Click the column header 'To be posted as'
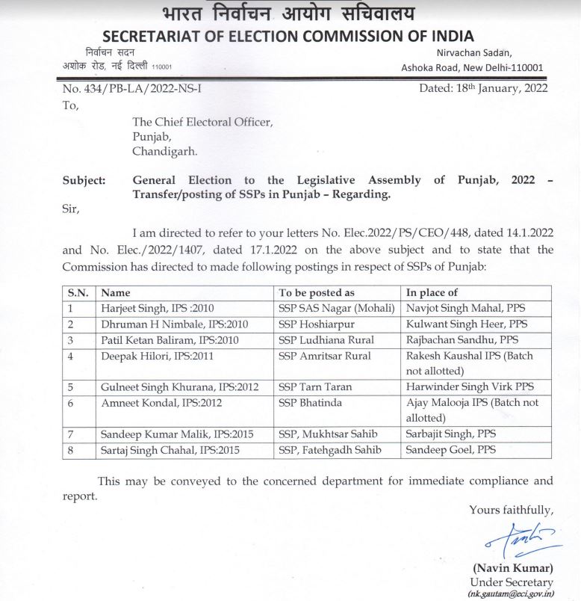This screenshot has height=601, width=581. [x=317, y=293]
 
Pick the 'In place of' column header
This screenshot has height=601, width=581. [x=432, y=293]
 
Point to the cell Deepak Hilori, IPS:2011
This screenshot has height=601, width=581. [x=158, y=356]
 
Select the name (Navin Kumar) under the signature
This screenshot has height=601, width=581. [x=512, y=567]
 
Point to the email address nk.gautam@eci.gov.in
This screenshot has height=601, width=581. [x=511, y=594]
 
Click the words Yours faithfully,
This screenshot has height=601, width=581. [x=511, y=510]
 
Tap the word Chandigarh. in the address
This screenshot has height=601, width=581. [x=165, y=150]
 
